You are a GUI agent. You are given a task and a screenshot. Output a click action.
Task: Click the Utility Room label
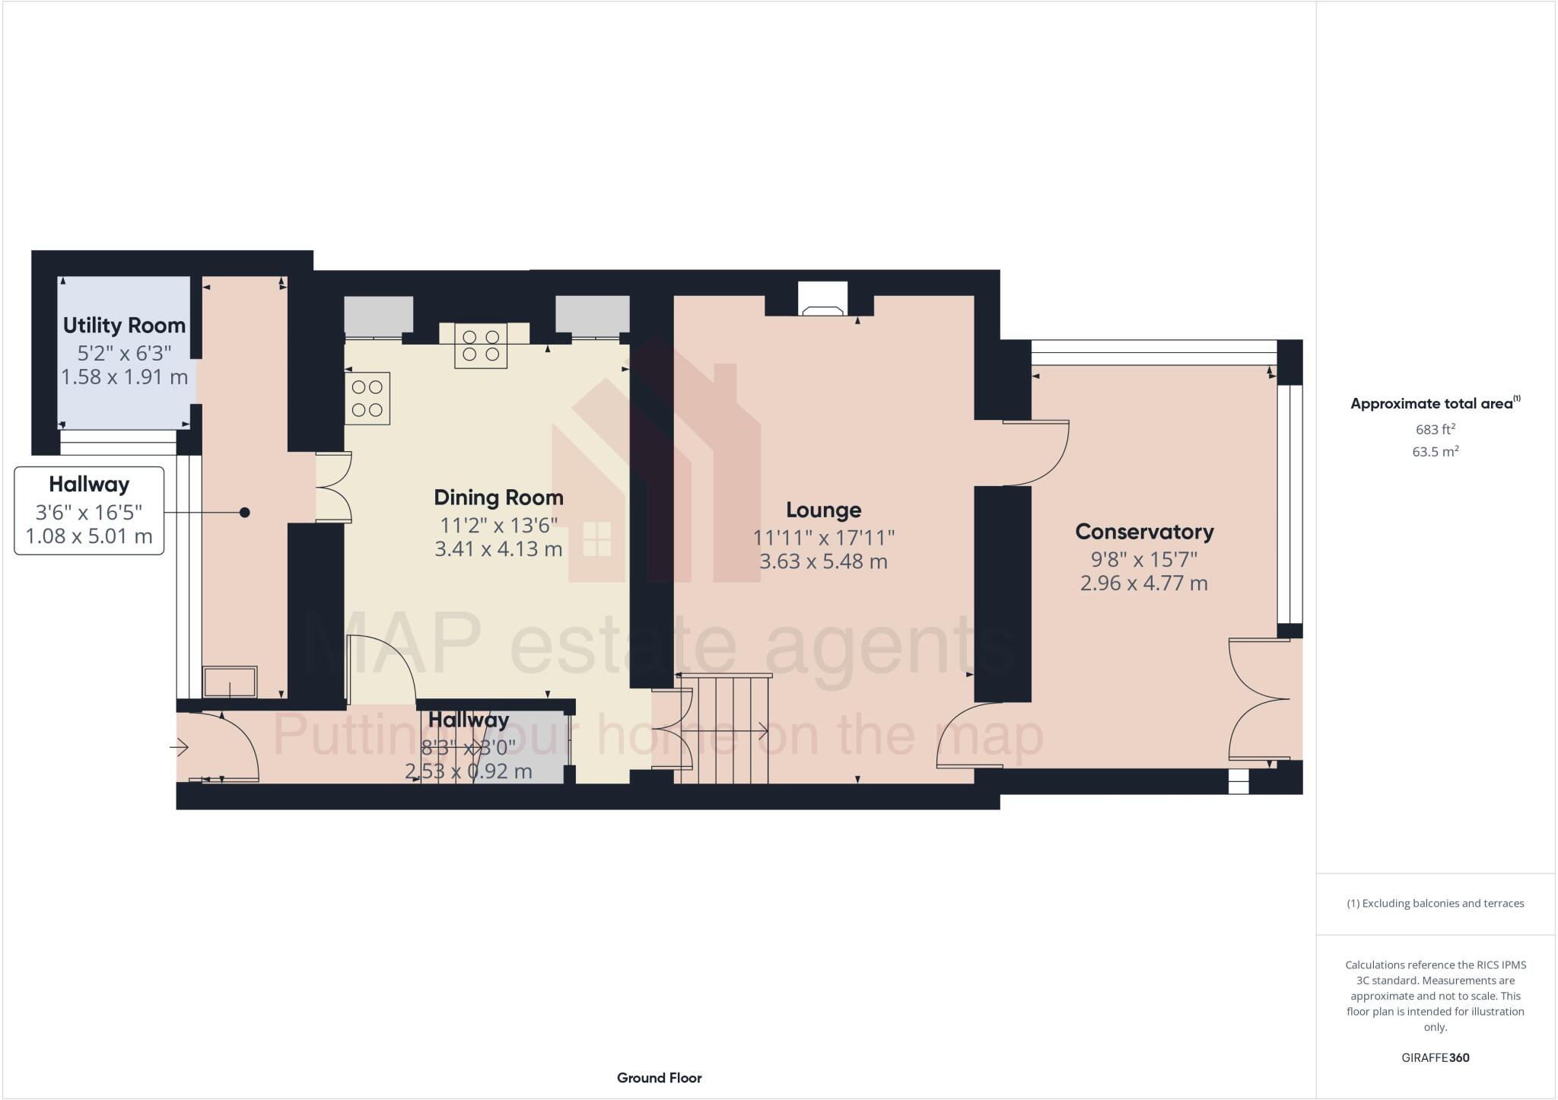pos(124,326)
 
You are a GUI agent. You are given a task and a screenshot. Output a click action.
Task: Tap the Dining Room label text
pos(498,498)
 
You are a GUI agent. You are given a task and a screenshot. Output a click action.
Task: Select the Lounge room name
pos(823,510)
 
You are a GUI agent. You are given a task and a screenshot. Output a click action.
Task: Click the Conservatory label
pos(1143,532)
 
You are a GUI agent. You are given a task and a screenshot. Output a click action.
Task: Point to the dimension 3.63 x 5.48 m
pos(823,562)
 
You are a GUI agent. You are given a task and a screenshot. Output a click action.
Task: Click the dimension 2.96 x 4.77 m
pos(1143,583)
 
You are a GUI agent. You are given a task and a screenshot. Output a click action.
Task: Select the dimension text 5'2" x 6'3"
pos(124,352)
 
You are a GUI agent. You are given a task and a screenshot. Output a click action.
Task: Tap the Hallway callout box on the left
pos(89,510)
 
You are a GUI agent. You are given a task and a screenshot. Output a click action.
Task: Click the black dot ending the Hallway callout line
pos(245,513)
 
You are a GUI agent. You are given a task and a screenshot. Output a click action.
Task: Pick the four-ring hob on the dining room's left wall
pos(367,398)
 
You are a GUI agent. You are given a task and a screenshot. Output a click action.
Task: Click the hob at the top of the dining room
pos(481,345)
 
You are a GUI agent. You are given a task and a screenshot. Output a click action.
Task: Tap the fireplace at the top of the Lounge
pos(822,300)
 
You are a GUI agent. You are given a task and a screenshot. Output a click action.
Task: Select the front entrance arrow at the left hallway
pos(180,749)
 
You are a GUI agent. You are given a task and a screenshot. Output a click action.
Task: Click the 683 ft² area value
pos(1435,429)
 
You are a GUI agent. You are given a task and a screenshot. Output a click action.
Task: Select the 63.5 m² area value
pos(1435,452)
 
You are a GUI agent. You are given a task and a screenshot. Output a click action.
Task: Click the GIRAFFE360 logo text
pos(1435,1057)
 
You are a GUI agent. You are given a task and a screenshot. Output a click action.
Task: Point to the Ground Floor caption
pos(659,1078)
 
